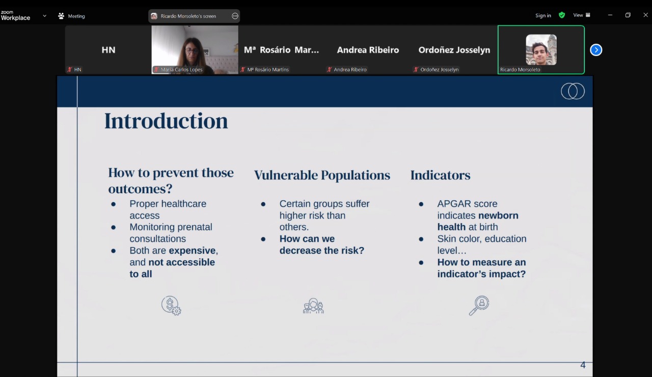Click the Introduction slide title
pos(166,121)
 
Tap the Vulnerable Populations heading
pos(322,175)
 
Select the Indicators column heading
pos(440,175)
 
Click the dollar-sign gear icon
pos(171,305)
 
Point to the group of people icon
pos(313,306)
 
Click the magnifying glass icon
pos(479,305)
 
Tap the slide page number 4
pos(583,365)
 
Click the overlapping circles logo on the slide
pos(573,91)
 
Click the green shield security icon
pos(562,15)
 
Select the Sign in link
pos(543,15)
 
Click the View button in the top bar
pos(582,15)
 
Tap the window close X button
pos(645,15)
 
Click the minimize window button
pos(610,15)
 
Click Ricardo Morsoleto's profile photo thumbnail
pos(541,49)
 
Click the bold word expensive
pos(192,251)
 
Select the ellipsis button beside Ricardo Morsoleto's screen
pos(235,16)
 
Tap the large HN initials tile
pos(108,50)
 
